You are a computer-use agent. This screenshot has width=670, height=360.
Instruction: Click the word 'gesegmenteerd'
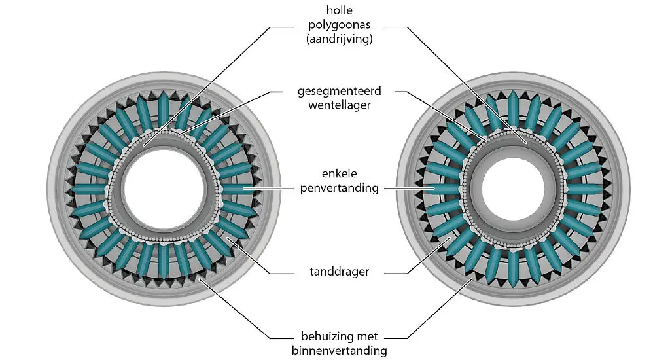339,92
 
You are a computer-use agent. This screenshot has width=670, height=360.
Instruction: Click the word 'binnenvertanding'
339,351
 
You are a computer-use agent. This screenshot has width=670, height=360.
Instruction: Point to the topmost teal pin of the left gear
164,108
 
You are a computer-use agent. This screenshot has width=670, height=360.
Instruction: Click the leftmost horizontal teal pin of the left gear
87,189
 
